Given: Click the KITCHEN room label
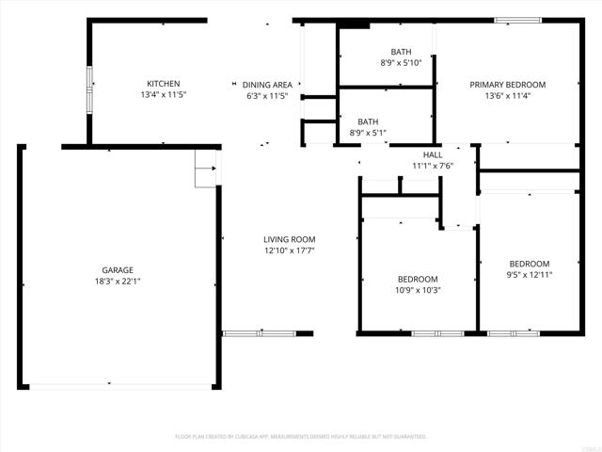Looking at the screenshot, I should pyautogui.click(x=163, y=84).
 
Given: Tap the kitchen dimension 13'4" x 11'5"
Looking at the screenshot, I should pyautogui.click(x=163, y=95).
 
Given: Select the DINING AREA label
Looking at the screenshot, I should pyautogui.click(x=266, y=85).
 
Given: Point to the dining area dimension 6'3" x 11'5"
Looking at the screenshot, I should pyautogui.click(x=266, y=96).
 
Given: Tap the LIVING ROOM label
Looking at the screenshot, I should pyautogui.click(x=289, y=239).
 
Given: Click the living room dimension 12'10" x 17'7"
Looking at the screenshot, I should pyautogui.click(x=289, y=250).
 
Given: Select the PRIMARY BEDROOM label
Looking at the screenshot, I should pyautogui.click(x=507, y=84).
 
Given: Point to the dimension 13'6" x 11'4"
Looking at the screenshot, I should pyautogui.click(x=507, y=95).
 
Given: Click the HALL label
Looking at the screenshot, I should pyautogui.click(x=433, y=154).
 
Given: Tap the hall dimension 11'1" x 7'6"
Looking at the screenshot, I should pyautogui.click(x=433, y=166).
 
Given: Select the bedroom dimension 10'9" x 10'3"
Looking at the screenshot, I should pyautogui.click(x=417, y=290).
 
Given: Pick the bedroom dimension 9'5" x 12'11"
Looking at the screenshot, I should pyautogui.click(x=530, y=275).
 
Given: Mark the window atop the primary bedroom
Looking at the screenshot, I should pyautogui.click(x=517, y=20).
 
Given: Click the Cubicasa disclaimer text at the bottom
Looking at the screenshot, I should pyautogui.click(x=301, y=437).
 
